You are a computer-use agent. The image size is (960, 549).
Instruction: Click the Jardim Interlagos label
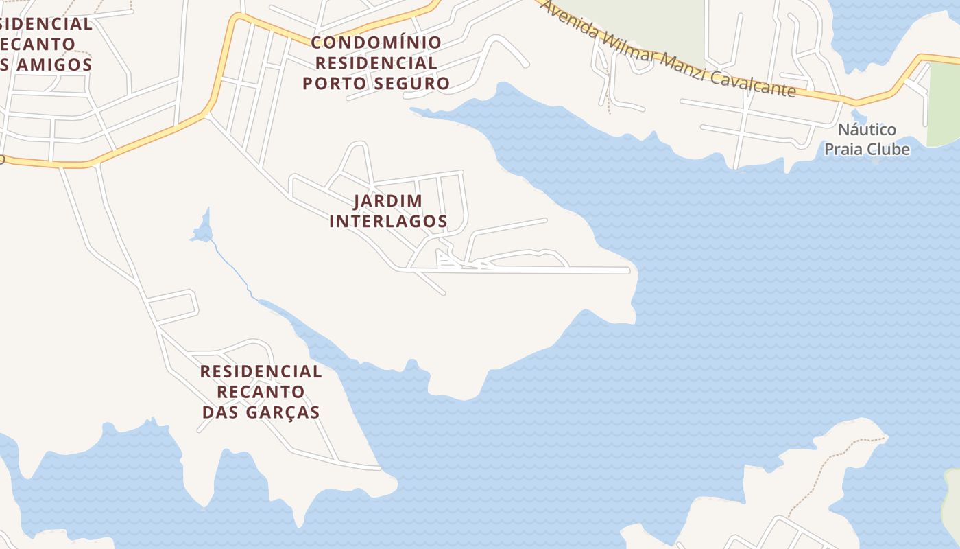point(388,211)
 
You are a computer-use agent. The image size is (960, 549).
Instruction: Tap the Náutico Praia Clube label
point(867,139)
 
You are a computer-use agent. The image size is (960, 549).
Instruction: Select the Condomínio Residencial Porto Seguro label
point(376,63)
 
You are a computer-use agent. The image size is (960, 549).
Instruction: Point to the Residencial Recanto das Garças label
point(261,392)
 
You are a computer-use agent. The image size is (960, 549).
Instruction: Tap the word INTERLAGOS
point(388,222)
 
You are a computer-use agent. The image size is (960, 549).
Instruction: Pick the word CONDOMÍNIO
point(376,43)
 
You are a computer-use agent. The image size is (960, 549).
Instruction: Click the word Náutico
point(867,130)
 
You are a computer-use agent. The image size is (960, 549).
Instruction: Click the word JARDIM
point(388,201)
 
